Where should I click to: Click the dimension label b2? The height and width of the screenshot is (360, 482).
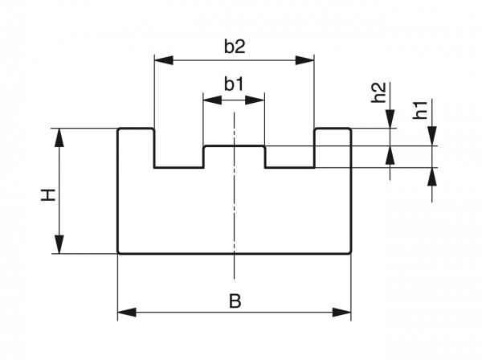pos(234,47)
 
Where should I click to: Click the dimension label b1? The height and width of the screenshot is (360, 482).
pos(234,84)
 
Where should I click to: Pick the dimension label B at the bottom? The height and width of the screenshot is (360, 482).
pos(235,301)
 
